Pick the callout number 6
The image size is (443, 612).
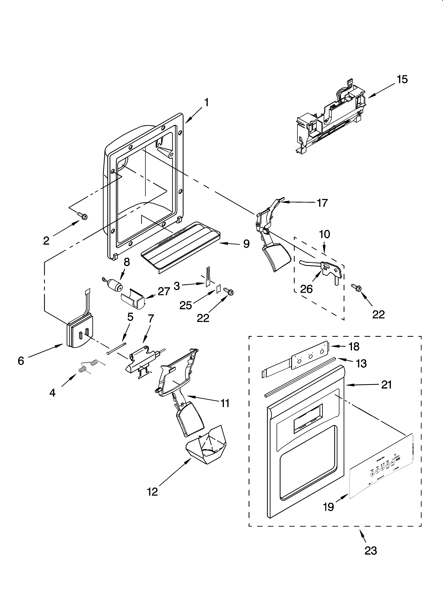click(x=21, y=361)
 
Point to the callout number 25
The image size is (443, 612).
click(x=186, y=305)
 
